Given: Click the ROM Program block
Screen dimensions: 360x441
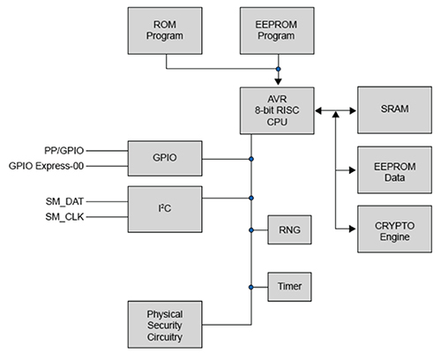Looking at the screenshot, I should point(164,31).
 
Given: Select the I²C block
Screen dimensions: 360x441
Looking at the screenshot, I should point(164,207).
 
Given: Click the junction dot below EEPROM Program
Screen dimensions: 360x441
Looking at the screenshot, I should point(279,68).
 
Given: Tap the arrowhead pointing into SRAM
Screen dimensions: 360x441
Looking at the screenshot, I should point(352,111).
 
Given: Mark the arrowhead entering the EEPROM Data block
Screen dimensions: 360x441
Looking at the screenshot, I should point(352,170).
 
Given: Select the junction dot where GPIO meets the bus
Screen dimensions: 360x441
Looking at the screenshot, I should point(251,159).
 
